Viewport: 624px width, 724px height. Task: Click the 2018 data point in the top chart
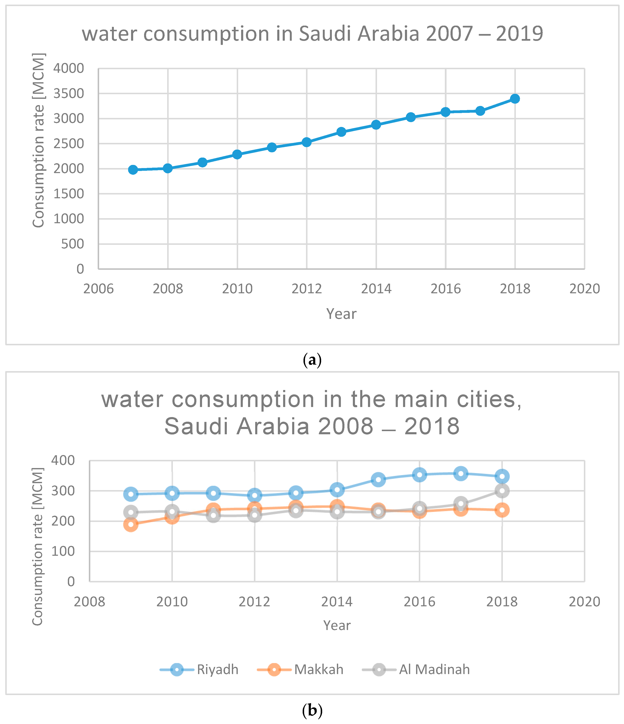[515, 99]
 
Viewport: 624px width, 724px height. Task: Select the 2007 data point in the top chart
[133, 170]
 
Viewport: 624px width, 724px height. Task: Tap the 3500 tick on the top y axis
[68, 94]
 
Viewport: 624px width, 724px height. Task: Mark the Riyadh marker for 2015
[378, 479]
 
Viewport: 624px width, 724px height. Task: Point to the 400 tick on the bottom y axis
[63, 460]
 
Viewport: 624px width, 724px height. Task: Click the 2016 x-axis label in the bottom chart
[419, 602]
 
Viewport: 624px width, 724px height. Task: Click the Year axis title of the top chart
[341, 314]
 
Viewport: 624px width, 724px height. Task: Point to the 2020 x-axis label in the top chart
[585, 289]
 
